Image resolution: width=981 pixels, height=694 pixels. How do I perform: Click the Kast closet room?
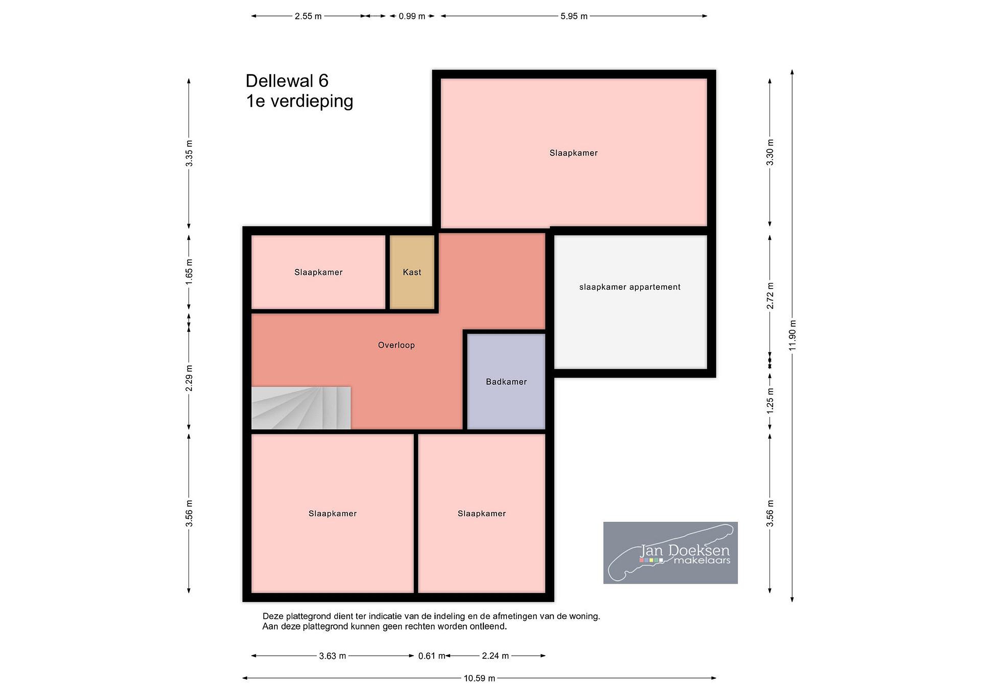(x=412, y=272)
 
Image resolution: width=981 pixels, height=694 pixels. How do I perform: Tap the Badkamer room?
(x=506, y=382)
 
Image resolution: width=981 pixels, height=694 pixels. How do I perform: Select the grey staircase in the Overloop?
(x=301, y=408)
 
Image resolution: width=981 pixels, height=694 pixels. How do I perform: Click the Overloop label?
(x=396, y=345)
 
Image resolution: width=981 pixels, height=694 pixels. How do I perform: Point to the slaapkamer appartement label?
(x=630, y=287)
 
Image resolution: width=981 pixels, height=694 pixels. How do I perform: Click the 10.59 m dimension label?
(x=479, y=678)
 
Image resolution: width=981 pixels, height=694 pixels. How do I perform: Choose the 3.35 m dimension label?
(x=189, y=153)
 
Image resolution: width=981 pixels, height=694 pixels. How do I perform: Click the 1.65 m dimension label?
(x=189, y=272)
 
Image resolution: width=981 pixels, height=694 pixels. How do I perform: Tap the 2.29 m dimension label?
(x=189, y=378)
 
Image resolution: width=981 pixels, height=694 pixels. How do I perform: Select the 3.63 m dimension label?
(x=332, y=656)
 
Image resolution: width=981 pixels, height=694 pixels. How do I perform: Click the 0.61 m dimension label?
(x=432, y=656)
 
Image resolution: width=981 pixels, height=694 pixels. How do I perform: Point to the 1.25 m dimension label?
(x=770, y=400)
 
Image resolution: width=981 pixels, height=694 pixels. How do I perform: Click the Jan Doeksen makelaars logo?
(x=670, y=553)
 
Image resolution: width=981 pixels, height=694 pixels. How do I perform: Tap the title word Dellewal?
(x=279, y=81)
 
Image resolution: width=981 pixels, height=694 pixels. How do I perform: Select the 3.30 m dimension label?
(x=770, y=153)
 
